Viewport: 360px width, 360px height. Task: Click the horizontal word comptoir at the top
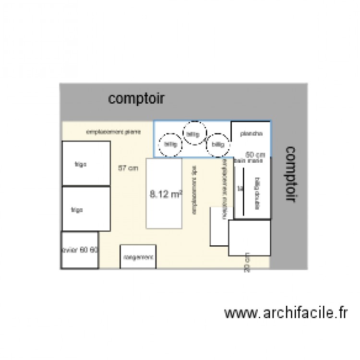[x=137, y=99]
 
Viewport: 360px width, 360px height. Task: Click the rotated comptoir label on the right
[x=289, y=174]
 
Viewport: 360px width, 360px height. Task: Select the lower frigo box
[x=83, y=209]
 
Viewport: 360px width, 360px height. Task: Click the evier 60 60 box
[x=80, y=250]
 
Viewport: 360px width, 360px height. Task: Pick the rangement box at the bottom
[x=138, y=257]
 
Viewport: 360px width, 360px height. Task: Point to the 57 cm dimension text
[x=128, y=168]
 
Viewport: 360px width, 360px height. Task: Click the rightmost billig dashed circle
[x=218, y=144]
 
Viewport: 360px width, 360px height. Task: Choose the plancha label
[x=250, y=134]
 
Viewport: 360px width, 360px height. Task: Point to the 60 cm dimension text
[x=255, y=155]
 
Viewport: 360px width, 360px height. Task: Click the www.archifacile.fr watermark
[x=285, y=313]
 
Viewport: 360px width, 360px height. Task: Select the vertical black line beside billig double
[x=243, y=192]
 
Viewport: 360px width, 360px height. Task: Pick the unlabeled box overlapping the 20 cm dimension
[x=250, y=238]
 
